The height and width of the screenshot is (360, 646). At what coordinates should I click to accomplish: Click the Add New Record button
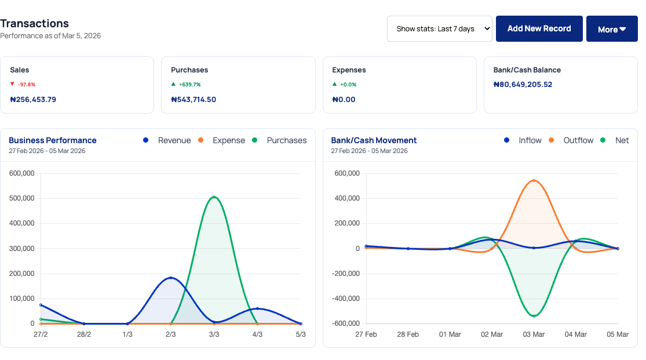point(539,28)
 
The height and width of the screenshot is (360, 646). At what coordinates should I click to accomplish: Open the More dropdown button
point(612,29)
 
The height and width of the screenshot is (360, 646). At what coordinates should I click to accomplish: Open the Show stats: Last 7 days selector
point(440,28)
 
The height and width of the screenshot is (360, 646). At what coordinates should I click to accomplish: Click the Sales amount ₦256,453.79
point(33,99)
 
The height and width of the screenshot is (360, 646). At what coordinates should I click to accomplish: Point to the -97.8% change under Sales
point(26,85)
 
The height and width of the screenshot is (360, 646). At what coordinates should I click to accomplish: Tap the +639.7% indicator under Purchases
point(189,85)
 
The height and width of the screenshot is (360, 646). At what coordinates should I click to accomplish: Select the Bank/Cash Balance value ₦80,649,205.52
point(523,85)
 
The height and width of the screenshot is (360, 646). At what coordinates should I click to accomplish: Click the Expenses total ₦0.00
point(344,99)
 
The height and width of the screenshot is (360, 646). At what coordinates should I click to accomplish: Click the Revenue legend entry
point(173,140)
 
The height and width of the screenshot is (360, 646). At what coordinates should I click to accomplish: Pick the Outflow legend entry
point(578,140)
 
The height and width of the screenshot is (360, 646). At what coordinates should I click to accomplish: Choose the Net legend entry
point(621,140)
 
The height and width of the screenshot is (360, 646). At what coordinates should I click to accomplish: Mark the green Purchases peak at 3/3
point(214,197)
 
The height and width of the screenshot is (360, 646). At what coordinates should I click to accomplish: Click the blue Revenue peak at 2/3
point(170,278)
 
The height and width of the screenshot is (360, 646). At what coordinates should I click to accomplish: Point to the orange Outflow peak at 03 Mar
point(534,180)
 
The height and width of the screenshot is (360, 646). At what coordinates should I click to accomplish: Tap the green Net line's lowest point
point(534,316)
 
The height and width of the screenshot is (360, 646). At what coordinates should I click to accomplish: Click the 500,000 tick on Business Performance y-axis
point(23,198)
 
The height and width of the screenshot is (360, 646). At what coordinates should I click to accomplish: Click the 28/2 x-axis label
point(84,334)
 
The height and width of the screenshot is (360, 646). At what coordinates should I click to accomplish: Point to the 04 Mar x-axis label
point(576,334)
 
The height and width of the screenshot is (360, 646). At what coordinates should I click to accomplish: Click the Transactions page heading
point(34,23)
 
